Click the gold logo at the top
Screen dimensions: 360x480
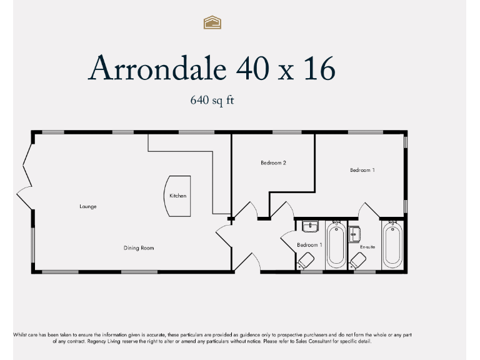(x=213, y=23)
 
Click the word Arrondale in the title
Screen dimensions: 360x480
(x=159, y=69)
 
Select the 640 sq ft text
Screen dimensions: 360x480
(x=212, y=100)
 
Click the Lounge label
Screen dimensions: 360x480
(x=88, y=206)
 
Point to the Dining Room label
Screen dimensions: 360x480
(x=139, y=248)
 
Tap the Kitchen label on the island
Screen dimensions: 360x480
(x=177, y=196)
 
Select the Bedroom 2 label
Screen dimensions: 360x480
(x=273, y=163)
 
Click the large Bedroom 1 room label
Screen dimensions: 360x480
(x=362, y=170)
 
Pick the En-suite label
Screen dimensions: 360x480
(x=367, y=247)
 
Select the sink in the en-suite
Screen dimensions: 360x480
(x=355, y=234)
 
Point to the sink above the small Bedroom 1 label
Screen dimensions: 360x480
(x=311, y=226)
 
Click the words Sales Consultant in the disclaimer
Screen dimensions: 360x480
(x=326, y=341)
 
